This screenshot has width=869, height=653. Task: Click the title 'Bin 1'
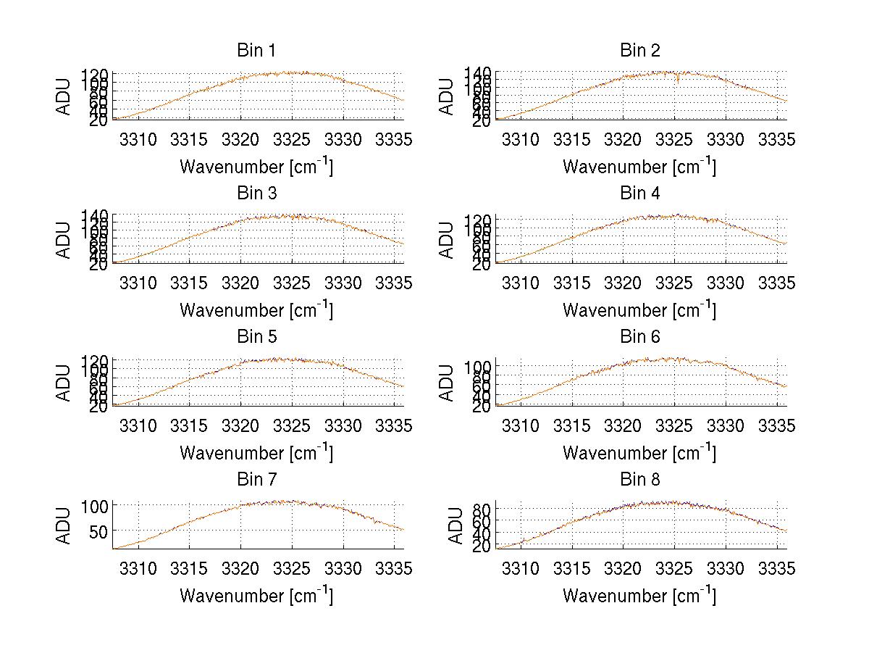(x=256, y=51)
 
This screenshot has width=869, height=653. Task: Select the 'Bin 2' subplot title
(x=639, y=51)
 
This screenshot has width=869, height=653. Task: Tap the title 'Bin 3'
(x=256, y=194)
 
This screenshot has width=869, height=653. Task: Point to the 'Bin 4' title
(x=639, y=194)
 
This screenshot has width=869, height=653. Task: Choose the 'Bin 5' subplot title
(x=256, y=337)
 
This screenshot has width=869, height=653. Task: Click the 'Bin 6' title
(x=639, y=337)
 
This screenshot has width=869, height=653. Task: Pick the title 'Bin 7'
(x=256, y=480)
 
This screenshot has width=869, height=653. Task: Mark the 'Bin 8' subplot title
(x=639, y=480)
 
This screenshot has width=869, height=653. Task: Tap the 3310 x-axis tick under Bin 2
(x=521, y=140)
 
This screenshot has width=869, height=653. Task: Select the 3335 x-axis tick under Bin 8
(x=777, y=570)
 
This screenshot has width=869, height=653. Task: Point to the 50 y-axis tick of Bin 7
(x=99, y=531)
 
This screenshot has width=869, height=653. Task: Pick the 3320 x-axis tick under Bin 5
(x=240, y=426)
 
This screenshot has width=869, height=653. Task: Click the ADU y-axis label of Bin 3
(x=64, y=239)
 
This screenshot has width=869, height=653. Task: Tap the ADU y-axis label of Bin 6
(x=448, y=383)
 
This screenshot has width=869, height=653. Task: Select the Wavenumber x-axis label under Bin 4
(x=639, y=309)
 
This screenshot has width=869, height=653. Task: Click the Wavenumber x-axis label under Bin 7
(x=256, y=596)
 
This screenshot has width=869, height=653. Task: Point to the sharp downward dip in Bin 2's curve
(x=677, y=80)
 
